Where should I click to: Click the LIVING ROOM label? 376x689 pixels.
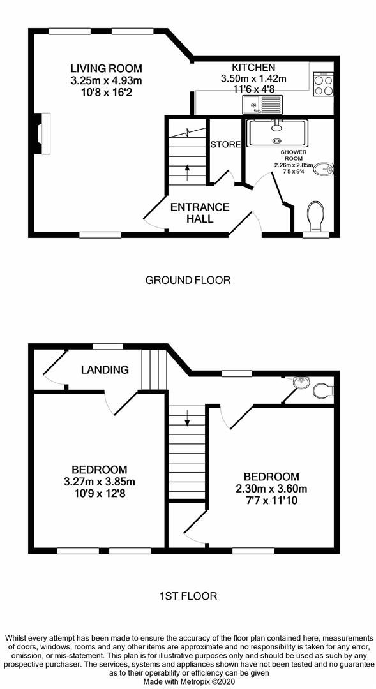[x=106, y=69]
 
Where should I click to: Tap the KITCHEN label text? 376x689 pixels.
[x=253, y=67]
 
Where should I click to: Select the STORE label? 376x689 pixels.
[x=225, y=145]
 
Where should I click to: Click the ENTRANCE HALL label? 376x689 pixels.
[x=199, y=212]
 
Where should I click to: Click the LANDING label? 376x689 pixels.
[x=105, y=369]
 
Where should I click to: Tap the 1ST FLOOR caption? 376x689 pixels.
[x=188, y=596]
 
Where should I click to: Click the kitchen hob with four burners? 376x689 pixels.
[x=324, y=85]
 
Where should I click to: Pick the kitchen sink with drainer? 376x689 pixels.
[x=262, y=105]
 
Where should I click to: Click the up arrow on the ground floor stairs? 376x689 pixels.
[x=187, y=168]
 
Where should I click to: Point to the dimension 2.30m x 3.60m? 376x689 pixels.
[x=271, y=489]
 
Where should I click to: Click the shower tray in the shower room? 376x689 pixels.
[x=278, y=133]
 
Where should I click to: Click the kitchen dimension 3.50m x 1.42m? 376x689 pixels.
[x=253, y=78]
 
